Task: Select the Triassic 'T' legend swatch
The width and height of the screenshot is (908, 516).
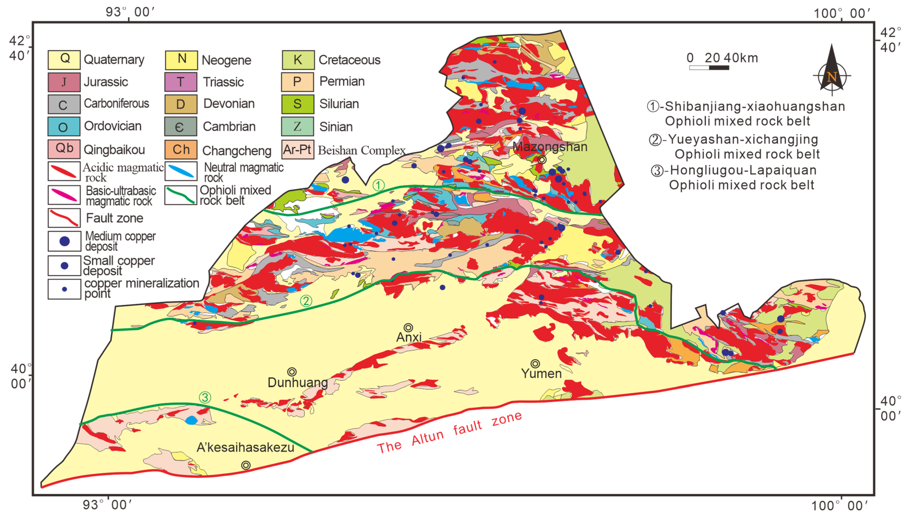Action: tap(180, 82)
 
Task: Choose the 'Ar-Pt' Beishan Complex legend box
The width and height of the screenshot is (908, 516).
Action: tap(297, 150)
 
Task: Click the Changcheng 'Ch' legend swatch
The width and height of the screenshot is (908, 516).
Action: tap(180, 150)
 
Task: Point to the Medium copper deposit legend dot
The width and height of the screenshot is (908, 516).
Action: tap(64, 241)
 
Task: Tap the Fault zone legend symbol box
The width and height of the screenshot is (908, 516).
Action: tap(64, 218)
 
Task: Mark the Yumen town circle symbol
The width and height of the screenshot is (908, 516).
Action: tap(535, 364)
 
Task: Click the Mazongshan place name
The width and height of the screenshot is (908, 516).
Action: tap(550, 147)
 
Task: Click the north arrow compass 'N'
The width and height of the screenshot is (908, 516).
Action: tap(832, 76)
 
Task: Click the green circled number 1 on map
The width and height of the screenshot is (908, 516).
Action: tap(378, 185)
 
